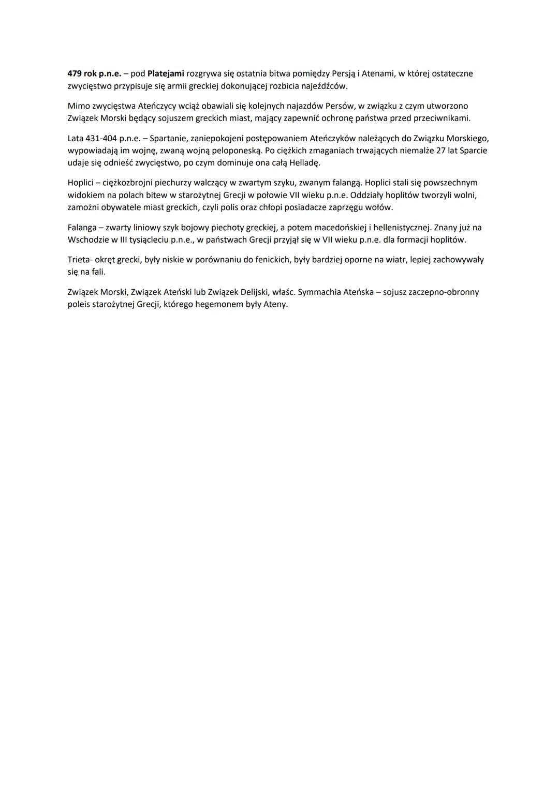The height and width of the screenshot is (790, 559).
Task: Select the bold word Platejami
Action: pos(166,73)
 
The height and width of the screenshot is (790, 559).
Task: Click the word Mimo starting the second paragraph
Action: pos(78,106)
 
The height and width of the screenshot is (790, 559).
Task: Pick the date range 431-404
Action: pos(101,138)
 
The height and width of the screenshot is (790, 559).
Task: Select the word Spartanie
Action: pos(168,138)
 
